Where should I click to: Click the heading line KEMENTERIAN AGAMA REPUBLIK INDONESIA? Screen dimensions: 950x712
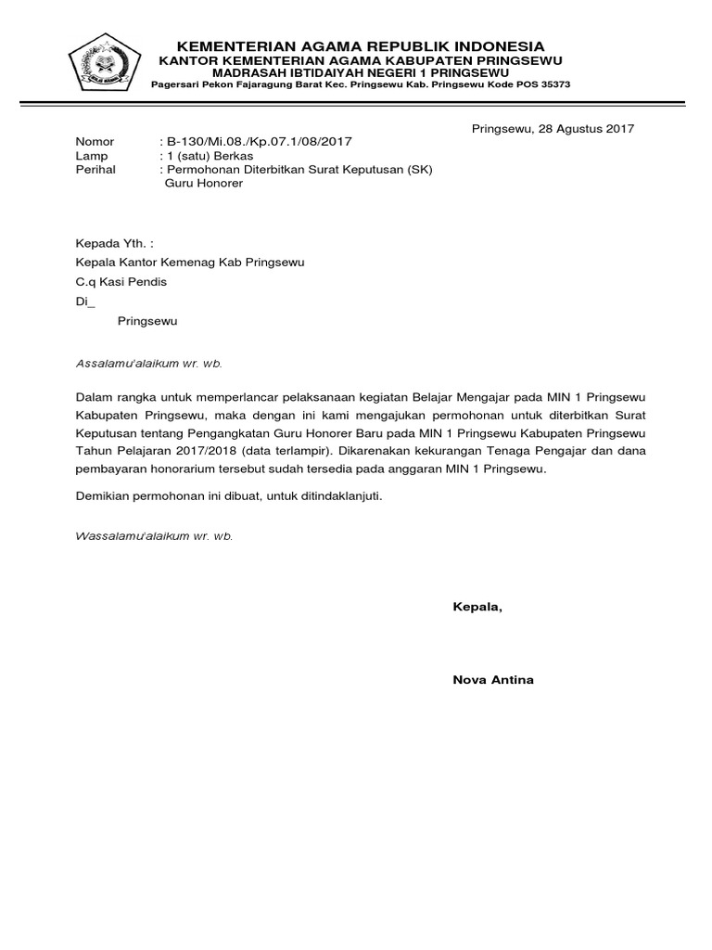tap(362, 46)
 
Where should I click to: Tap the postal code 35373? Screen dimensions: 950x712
tap(553, 84)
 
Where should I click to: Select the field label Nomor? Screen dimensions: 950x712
tap(95, 142)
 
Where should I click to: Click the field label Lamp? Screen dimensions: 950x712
tap(91, 156)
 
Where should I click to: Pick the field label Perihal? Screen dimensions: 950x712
tap(95, 170)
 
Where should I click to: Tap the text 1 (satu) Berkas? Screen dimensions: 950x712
tap(210, 156)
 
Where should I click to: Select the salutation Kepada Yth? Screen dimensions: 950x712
tap(113, 243)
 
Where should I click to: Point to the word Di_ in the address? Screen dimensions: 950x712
tap(84, 302)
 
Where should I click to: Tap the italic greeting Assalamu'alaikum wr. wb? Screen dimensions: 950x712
tap(148, 364)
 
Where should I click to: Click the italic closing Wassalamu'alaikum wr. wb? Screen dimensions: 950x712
tap(153, 536)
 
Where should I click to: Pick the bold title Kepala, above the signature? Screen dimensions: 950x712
tap(477, 608)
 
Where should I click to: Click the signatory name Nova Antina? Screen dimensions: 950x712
tap(492, 680)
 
